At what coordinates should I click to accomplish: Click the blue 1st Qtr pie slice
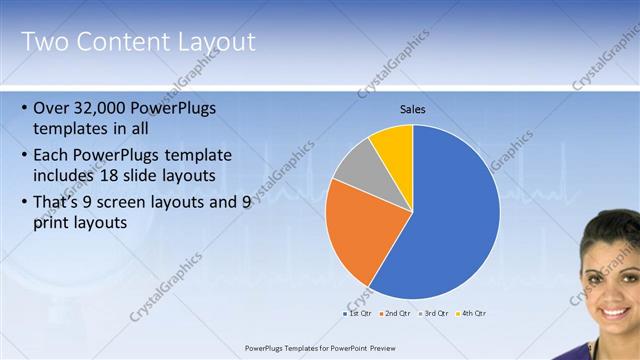450,220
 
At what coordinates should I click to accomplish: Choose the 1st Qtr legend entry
359,314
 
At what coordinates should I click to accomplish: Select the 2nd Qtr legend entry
396,314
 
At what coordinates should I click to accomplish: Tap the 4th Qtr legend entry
471,314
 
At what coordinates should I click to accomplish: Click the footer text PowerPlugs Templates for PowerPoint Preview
320,348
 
